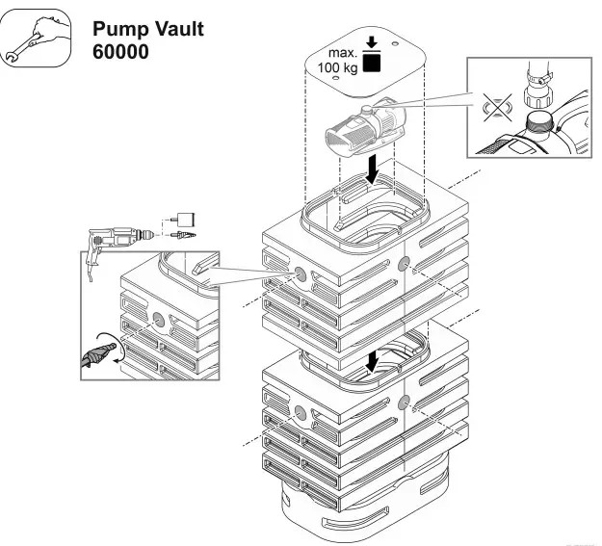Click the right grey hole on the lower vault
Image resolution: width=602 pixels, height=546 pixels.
[403, 402]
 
